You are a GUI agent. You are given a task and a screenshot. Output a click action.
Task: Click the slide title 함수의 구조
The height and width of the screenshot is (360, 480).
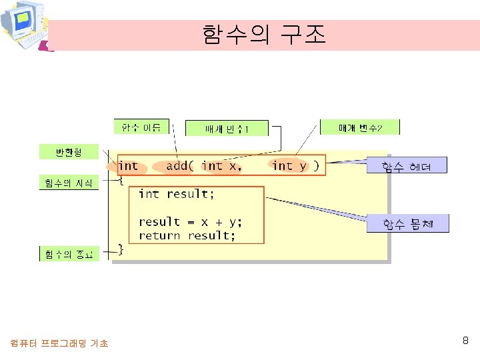click(264, 34)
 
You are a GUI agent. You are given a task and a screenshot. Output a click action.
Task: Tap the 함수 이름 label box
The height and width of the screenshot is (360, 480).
click(141, 127)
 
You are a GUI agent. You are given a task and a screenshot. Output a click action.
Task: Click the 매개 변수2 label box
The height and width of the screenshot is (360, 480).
click(360, 127)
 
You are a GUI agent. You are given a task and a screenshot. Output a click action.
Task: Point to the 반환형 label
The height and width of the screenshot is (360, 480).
click(69, 153)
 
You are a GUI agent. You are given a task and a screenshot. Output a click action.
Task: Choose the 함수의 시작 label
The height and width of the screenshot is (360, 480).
click(69, 182)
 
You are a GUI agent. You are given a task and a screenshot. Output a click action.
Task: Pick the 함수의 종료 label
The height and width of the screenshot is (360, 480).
click(69, 254)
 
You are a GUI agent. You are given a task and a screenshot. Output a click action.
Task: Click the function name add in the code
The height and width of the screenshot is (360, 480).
click(177, 166)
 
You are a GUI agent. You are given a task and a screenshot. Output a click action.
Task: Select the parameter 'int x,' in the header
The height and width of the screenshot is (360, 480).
click(222, 166)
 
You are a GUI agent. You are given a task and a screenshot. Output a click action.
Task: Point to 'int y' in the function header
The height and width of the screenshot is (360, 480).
click(290, 166)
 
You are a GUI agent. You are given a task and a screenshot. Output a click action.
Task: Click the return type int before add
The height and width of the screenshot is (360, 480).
click(128, 166)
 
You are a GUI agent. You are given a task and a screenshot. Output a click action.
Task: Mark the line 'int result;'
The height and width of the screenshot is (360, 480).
click(177, 194)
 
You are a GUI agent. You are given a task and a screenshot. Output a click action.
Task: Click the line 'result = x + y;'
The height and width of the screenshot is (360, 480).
click(191, 222)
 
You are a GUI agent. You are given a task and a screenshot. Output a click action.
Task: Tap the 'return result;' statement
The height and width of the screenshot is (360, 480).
click(187, 236)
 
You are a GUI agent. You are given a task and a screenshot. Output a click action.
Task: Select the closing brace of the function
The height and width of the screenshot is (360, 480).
click(121, 249)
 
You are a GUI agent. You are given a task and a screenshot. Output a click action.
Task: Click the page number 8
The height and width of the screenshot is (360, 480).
click(465, 341)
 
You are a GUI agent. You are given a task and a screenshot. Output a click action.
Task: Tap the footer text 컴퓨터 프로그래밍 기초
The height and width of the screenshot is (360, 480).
click(59, 343)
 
